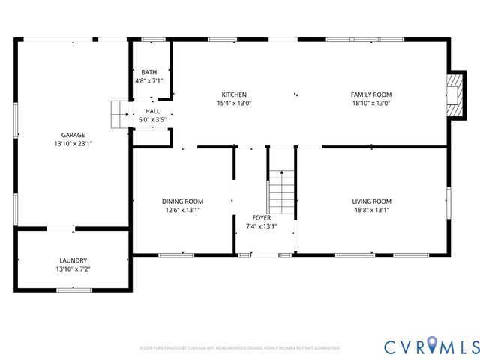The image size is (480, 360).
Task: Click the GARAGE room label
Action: (x=73, y=135)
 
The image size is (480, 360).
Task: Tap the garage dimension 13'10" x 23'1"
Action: (x=73, y=143)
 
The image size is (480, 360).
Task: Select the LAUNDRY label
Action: (x=73, y=260)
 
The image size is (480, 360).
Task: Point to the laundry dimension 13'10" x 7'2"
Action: (x=73, y=268)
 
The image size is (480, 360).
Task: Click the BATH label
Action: (x=148, y=72)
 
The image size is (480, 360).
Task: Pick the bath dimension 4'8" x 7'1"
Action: (x=148, y=80)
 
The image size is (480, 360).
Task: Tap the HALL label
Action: (x=152, y=111)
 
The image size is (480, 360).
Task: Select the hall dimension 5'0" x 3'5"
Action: (x=152, y=119)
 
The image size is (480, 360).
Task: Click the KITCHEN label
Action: (x=234, y=94)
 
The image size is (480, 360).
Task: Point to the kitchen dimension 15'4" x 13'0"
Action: (x=234, y=103)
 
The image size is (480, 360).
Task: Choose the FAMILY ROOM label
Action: (x=371, y=94)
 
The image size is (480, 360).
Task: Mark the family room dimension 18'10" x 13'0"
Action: (x=371, y=103)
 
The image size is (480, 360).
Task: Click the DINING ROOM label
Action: (x=182, y=201)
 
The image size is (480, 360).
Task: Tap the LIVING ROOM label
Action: (x=372, y=201)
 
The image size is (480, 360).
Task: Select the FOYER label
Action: (x=261, y=217)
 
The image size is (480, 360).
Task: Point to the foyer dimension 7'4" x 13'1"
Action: (x=261, y=226)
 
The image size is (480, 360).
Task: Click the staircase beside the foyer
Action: (x=281, y=192)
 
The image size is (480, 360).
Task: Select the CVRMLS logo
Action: (x=431, y=346)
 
